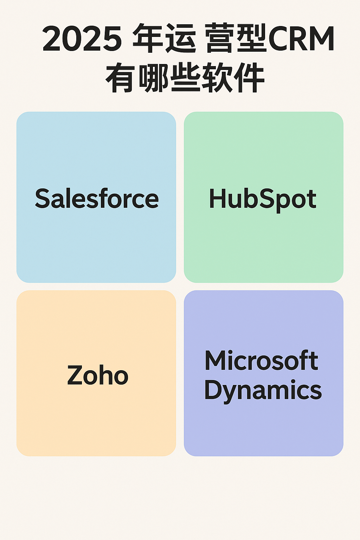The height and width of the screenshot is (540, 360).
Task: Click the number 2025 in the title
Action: pyautogui.click(x=82, y=39)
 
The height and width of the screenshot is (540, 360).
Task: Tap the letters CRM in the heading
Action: pyautogui.click(x=301, y=39)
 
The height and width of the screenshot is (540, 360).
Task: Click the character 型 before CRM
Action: pyautogui.click(x=252, y=38)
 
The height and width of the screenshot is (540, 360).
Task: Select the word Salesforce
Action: pyautogui.click(x=97, y=198)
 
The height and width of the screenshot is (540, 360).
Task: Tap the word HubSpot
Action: pyautogui.click(x=263, y=200)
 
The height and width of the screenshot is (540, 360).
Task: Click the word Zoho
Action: pyautogui.click(x=98, y=375)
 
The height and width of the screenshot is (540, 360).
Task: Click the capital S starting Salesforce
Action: pyautogui.click(x=43, y=198)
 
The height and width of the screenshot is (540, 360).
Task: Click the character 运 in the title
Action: pyautogui.click(x=181, y=38)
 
